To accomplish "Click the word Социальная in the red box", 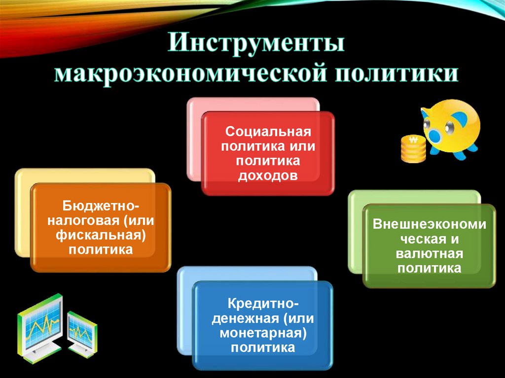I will pyautogui.click(x=268, y=132).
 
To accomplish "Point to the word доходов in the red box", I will pyautogui.click(x=268, y=175).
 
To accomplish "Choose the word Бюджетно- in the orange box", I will pyautogui.click(x=101, y=204).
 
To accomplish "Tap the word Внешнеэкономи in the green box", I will pyautogui.click(x=429, y=225).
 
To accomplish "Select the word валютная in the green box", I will pyautogui.click(x=429, y=254).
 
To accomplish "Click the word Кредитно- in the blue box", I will pyautogui.click(x=263, y=302).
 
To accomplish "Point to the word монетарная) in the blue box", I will pyautogui.click(x=263, y=333).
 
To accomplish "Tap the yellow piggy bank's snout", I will pyautogui.click(x=436, y=130).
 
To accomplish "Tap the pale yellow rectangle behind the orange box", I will pyautogui.click(x=22, y=212).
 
